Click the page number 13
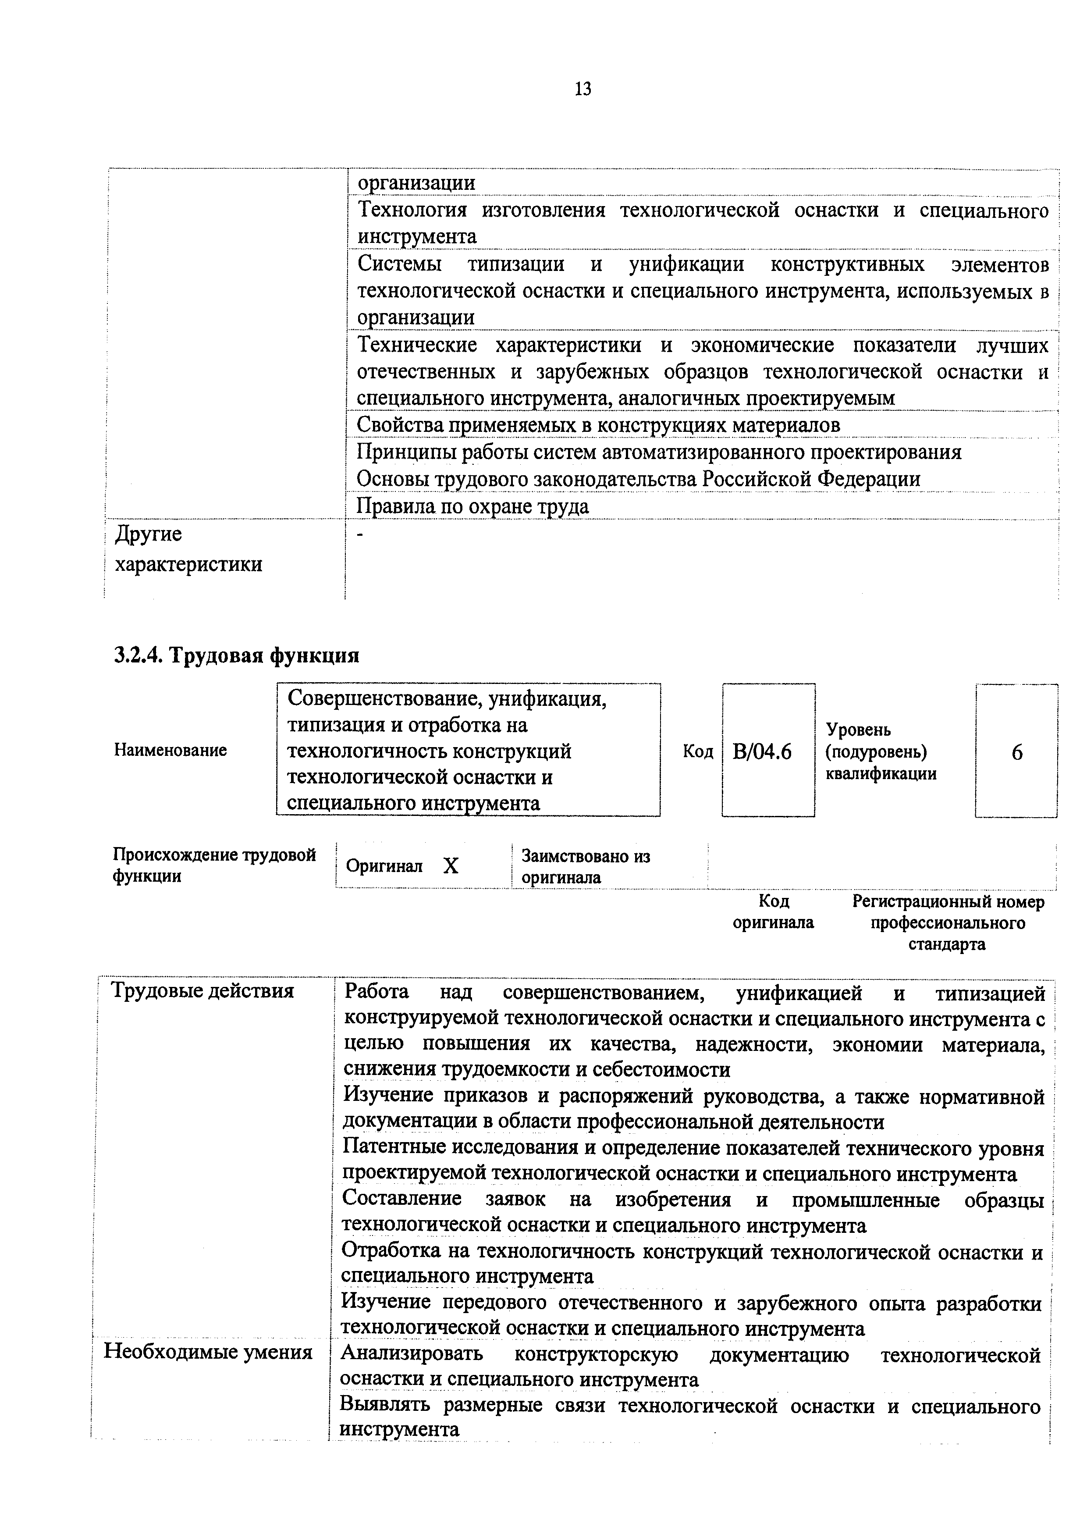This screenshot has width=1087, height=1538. (582, 89)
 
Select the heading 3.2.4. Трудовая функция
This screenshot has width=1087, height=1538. (236, 655)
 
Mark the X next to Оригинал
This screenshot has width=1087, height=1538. (451, 867)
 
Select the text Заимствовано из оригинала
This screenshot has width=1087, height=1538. (586, 867)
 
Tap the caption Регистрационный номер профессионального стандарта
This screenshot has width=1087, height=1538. (947, 923)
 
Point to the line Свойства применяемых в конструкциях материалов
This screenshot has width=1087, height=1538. (597, 425)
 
